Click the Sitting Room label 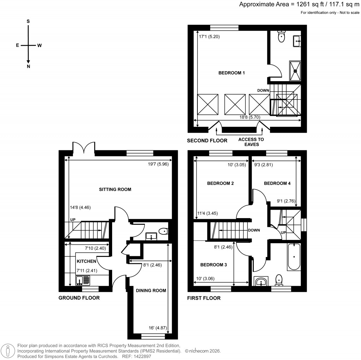[115, 190]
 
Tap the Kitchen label [86, 262]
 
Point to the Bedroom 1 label [232, 73]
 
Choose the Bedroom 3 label [214, 265]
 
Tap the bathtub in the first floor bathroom [293, 257]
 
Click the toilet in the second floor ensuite [281, 37]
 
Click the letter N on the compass [28, 66]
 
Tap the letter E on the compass [17, 45]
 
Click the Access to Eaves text [251, 142]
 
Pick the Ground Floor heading [79, 298]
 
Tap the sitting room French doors [84, 148]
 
